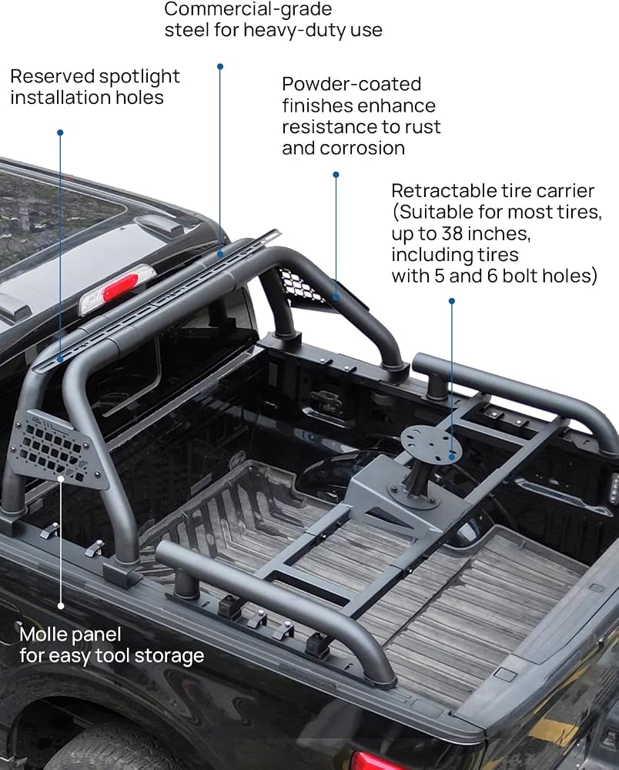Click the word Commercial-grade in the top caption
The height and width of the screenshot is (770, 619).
pos(248,8)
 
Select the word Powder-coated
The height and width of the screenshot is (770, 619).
pos(352,84)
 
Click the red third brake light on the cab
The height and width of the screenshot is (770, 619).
pos(118,287)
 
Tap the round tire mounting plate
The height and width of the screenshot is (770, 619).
pos(431,443)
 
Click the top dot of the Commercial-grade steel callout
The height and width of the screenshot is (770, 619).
pos(220,66)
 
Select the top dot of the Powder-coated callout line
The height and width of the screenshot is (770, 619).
pos(336,174)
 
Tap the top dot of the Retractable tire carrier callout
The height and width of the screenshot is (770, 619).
pos(452,300)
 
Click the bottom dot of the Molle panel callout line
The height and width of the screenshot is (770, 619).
pos(61,606)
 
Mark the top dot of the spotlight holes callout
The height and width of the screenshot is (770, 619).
pos(60,132)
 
